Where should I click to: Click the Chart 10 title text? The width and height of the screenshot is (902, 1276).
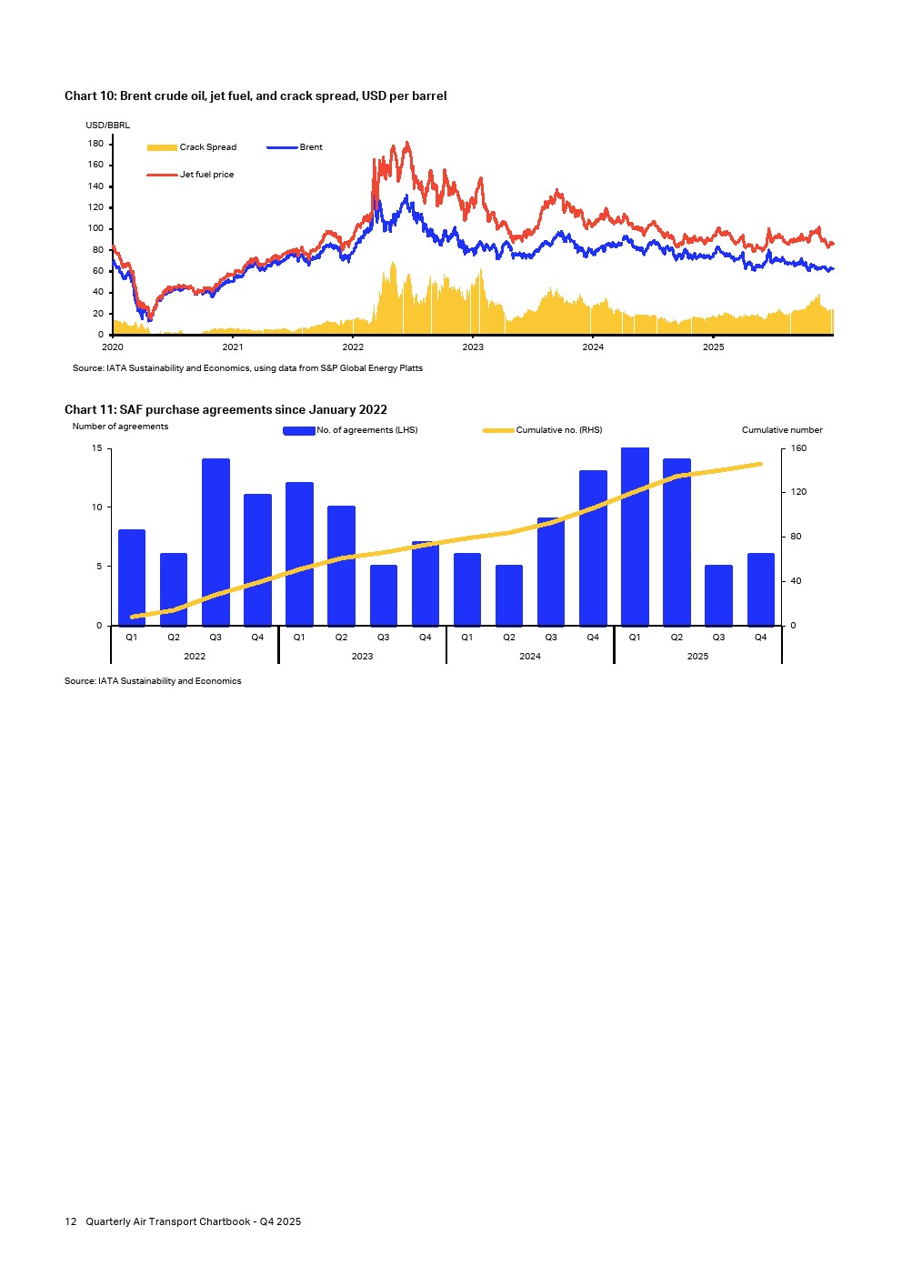tap(256, 96)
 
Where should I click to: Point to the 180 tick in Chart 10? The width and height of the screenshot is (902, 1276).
tap(95, 144)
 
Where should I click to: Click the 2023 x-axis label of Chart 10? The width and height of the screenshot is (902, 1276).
tap(473, 347)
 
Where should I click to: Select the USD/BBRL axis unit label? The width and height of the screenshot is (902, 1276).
tap(107, 126)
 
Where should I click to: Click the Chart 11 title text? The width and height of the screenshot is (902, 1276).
tap(225, 410)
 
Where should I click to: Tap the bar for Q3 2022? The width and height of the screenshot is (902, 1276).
tap(215, 542)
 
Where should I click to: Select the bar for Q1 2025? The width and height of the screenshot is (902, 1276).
tap(635, 537)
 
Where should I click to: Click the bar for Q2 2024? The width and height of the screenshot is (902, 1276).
tap(509, 596)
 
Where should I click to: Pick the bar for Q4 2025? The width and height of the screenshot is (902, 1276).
tap(761, 589)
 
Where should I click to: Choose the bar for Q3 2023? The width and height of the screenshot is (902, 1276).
tap(384, 596)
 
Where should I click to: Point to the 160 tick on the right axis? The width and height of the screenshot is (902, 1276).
tap(798, 448)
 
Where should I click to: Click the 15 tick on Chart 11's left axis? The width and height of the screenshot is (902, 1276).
tap(96, 448)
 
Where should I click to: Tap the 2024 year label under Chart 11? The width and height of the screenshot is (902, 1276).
tap(530, 657)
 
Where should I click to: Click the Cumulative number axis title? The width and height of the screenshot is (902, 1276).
tap(782, 430)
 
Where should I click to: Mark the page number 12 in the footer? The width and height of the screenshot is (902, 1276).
tap(70, 1221)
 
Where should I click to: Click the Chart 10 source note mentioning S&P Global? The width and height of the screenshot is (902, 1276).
tap(247, 368)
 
